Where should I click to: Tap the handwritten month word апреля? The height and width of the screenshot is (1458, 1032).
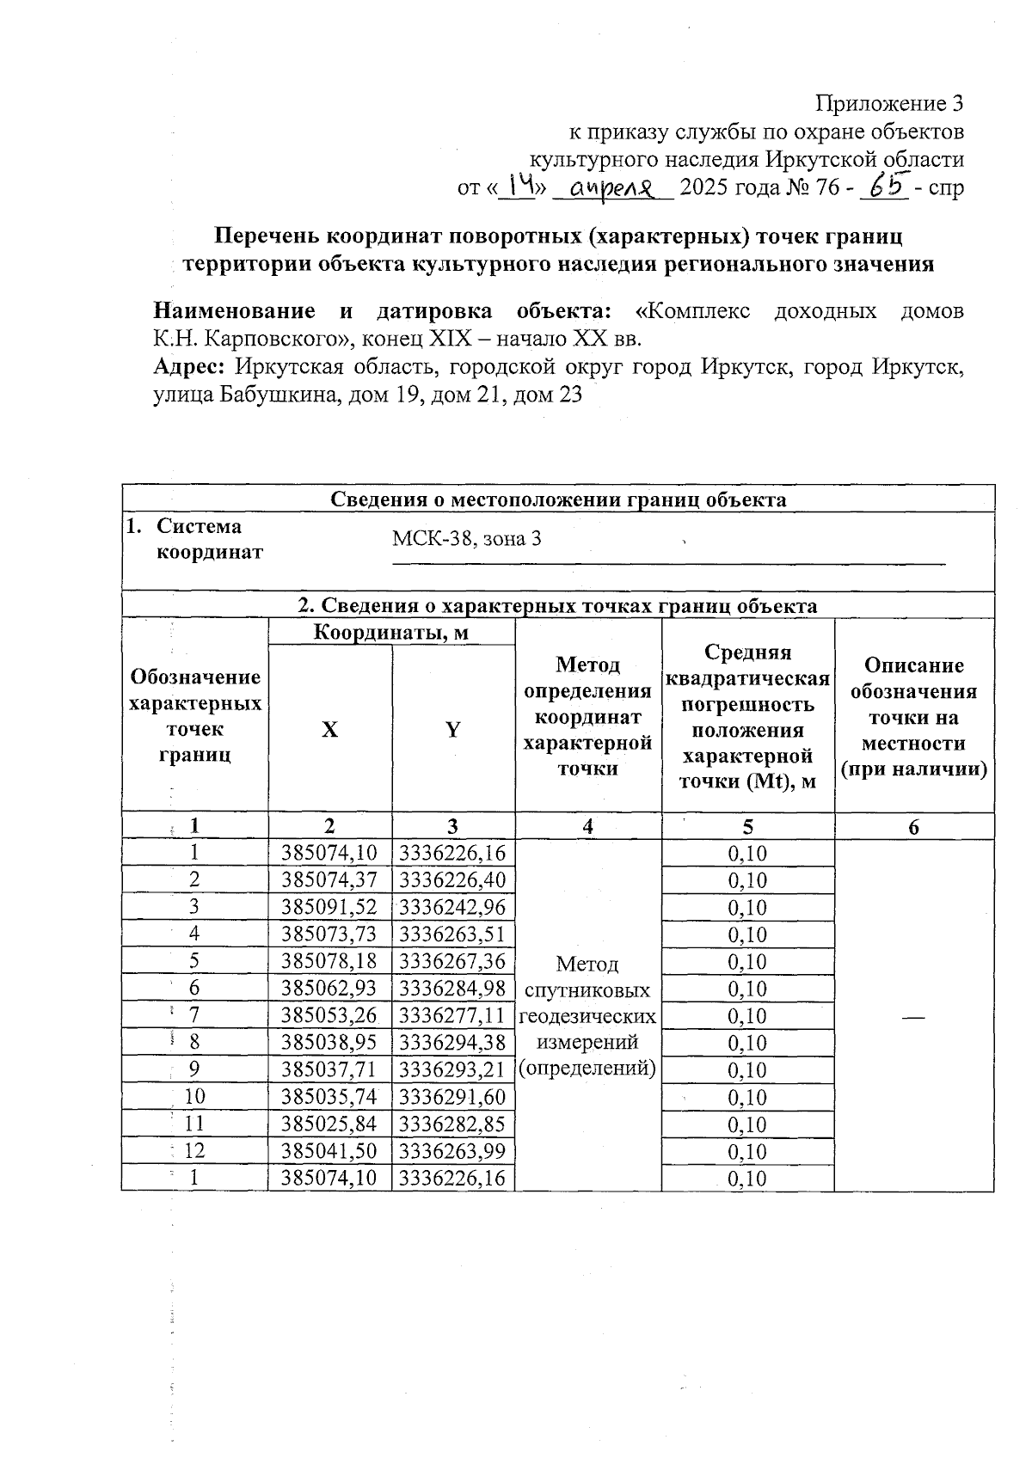pyautogui.click(x=613, y=187)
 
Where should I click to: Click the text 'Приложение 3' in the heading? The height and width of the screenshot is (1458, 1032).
pyautogui.click(x=888, y=104)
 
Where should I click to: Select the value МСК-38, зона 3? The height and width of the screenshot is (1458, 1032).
pyautogui.click(x=466, y=539)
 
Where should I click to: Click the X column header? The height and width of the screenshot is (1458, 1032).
pyautogui.click(x=330, y=730)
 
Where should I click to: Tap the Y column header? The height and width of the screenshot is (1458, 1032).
pyautogui.click(x=452, y=730)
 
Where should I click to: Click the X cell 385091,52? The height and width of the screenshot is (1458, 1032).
pyautogui.click(x=329, y=907)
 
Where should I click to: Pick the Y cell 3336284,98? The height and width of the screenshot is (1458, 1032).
pyautogui.click(x=452, y=988)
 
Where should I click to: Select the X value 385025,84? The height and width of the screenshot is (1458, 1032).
pyautogui.click(x=329, y=1124)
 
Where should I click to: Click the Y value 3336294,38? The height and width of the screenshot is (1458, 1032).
pyautogui.click(x=452, y=1042)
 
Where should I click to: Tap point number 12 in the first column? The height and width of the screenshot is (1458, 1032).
pyautogui.click(x=194, y=1151)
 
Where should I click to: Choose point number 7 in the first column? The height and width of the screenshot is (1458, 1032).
pyautogui.click(x=194, y=1015)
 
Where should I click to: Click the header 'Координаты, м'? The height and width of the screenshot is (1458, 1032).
pyautogui.click(x=391, y=633)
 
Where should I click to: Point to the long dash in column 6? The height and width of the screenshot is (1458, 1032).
pyautogui.click(x=913, y=1016)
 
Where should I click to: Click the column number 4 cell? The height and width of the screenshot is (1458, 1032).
pyautogui.click(x=587, y=827)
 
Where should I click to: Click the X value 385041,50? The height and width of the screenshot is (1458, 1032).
pyautogui.click(x=329, y=1151)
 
